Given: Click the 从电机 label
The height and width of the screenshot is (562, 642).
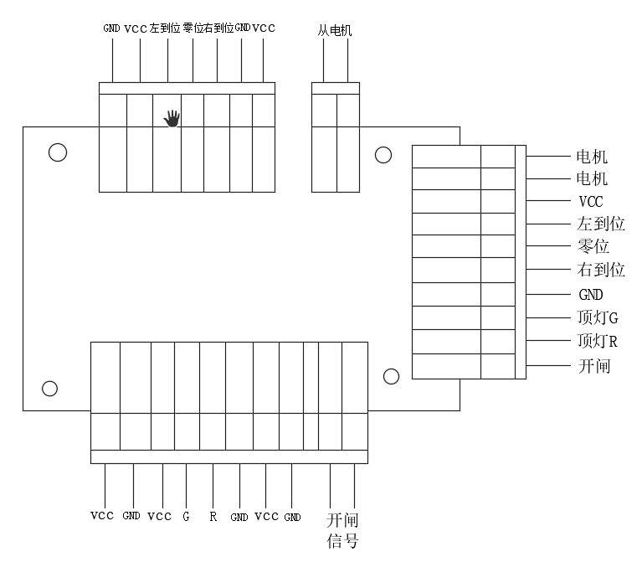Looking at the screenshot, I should coord(335,31).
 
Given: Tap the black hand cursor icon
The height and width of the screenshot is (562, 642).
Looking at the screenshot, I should coord(172,118).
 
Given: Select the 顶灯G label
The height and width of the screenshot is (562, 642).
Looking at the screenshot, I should coord(598,318).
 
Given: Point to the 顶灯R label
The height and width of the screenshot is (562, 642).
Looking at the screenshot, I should coord(598,342).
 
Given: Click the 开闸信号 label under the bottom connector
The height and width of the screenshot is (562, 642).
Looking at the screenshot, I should coord(342,530).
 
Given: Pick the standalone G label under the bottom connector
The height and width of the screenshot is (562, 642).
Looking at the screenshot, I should coord(186,517).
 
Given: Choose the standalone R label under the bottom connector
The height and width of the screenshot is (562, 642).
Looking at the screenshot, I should coord(213,517).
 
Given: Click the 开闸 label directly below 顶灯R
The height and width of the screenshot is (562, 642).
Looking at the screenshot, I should coord(593,366).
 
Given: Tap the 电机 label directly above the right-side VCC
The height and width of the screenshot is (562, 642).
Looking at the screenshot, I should coord(593,179).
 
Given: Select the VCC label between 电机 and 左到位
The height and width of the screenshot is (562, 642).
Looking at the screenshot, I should coord(590,202).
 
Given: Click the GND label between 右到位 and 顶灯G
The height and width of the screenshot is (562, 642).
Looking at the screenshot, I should coord(590,296).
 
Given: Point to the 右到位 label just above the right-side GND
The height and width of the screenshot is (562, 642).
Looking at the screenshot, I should coord(601,271).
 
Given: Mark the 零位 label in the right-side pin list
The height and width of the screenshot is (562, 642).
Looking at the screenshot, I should coord(593,247).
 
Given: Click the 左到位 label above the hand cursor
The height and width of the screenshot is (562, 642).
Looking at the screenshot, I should coord(165,28).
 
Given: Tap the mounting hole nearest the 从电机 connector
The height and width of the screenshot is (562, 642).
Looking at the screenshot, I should coord(383,155).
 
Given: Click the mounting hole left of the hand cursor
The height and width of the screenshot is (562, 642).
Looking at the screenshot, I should coord(58,152).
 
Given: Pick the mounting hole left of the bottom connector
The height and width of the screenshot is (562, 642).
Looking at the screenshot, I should coord(50,388).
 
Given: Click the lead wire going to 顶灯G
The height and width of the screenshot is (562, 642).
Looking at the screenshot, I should coord(548,318).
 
